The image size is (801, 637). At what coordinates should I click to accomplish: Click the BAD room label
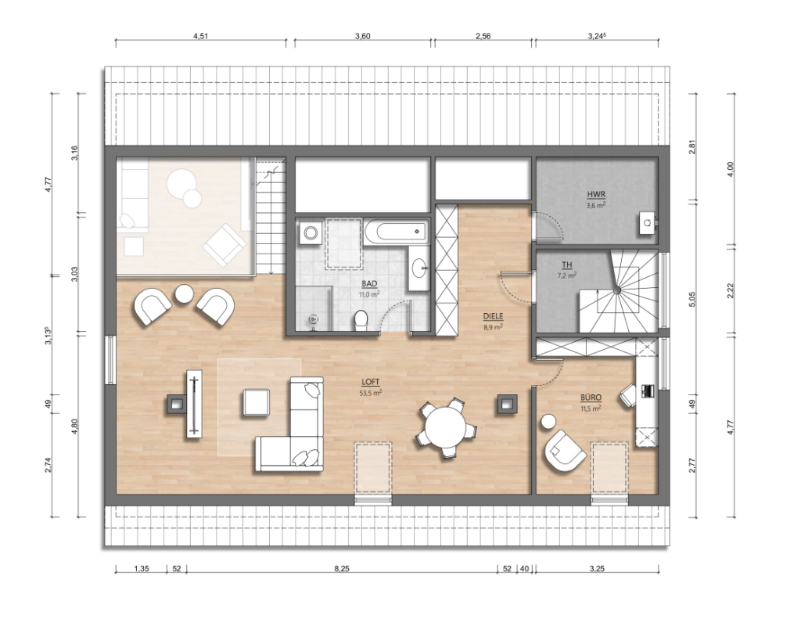tap(369, 284)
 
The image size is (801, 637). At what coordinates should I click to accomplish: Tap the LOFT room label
tap(370, 382)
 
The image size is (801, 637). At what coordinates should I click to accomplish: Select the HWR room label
tap(596, 195)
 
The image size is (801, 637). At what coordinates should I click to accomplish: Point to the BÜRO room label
tap(591, 398)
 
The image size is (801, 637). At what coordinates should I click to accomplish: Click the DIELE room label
tap(493, 316)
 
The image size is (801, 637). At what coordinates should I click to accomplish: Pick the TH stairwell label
tap(566, 265)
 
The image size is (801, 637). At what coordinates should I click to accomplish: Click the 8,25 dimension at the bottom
tap(342, 568)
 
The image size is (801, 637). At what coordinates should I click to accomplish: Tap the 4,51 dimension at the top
tap(201, 36)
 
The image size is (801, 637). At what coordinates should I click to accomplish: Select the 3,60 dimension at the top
tap(362, 36)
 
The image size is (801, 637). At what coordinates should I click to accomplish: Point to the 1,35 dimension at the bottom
tap(141, 568)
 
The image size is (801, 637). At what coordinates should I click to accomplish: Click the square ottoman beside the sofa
tap(256, 401)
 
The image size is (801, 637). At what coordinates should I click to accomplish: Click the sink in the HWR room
tap(648, 222)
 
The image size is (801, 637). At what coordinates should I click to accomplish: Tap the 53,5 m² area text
tap(372, 393)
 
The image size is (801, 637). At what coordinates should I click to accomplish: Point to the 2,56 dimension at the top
tap(483, 36)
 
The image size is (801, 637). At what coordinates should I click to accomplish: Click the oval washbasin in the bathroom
tap(421, 268)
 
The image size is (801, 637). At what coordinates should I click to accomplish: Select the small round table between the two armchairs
tap(184, 294)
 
